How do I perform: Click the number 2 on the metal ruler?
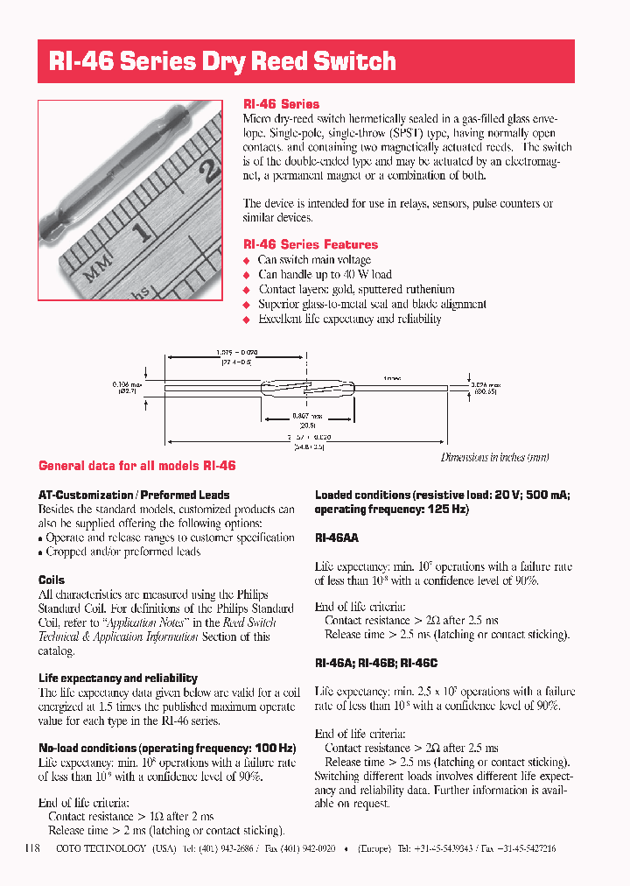coord(208,168)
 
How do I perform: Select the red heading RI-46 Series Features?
coord(310,244)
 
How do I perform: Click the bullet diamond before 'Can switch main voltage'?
coord(247,260)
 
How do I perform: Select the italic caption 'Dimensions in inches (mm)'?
coord(494,457)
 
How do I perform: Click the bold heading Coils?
coord(52,580)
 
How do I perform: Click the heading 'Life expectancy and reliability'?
coord(118,678)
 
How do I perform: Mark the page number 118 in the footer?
coord(33,848)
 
